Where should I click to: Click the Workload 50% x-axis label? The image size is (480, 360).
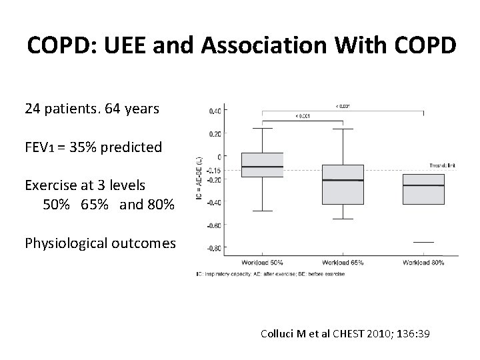click(263, 263)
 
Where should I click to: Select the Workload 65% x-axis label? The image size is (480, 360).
click(343, 263)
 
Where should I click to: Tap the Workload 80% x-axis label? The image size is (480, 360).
click(423, 263)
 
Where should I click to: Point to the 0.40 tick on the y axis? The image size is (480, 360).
click(215, 111)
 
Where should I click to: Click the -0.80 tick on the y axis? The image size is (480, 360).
click(215, 248)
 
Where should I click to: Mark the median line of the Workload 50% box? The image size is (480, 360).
click(263, 167)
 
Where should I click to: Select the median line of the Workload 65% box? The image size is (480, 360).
click(343, 181)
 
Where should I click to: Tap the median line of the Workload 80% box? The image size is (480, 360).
click(423, 185)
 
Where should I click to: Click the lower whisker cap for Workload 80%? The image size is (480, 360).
click(423, 242)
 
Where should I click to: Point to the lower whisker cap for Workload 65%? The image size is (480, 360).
click(343, 219)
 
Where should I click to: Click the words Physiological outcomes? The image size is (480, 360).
click(100, 243)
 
